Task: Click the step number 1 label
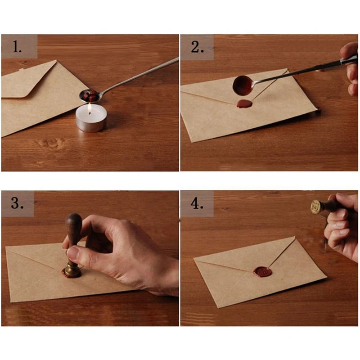(x=17, y=47)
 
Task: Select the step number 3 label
(x=17, y=203)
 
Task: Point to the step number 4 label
(x=197, y=203)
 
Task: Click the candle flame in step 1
(x=90, y=109)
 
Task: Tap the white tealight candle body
(x=91, y=118)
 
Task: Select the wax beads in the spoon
(x=91, y=95)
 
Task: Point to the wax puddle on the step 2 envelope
(x=244, y=104)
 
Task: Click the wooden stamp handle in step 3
(x=73, y=229)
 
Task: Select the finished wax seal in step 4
(x=262, y=272)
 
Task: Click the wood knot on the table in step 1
(x=51, y=143)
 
